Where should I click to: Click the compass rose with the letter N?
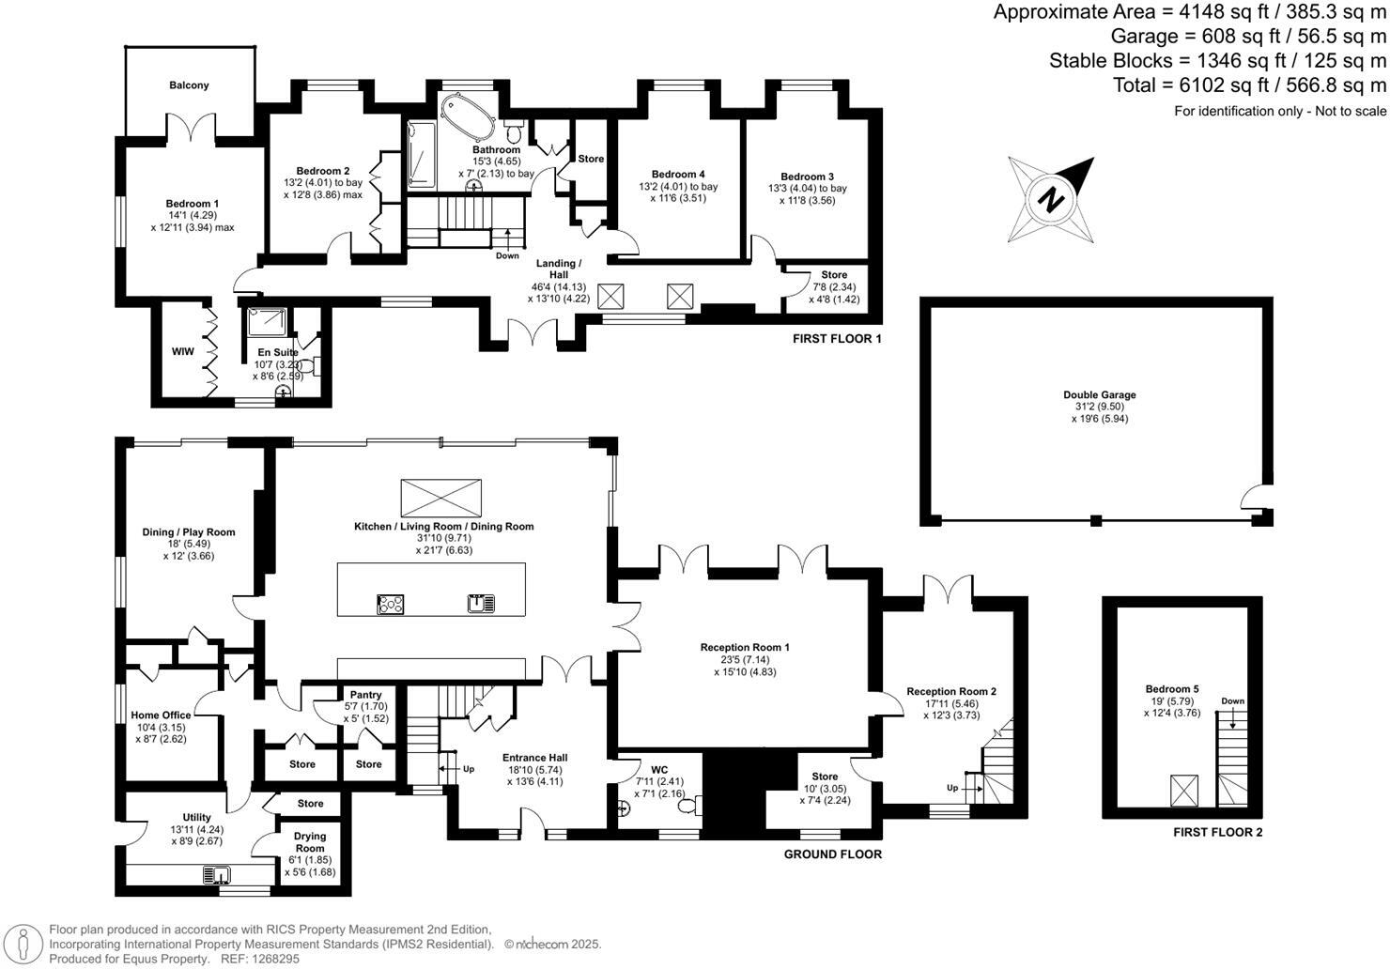(x=1052, y=198)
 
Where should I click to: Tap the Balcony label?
(x=189, y=85)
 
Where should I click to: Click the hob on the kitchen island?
(x=390, y=604)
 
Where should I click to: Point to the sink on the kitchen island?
(x=481, y=603)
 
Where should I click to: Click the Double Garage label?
(x=1099, y=395)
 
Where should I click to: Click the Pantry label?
(x=365, y=695)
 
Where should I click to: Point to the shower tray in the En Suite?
(x=266, y=323)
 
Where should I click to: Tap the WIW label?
(x=182, y=351)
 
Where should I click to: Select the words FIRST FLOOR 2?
(x=1217, y=832)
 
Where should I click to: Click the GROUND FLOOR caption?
(x=832, y=854)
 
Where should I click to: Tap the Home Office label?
(x=161, y=715)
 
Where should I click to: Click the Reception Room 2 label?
(x=950, y=692)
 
